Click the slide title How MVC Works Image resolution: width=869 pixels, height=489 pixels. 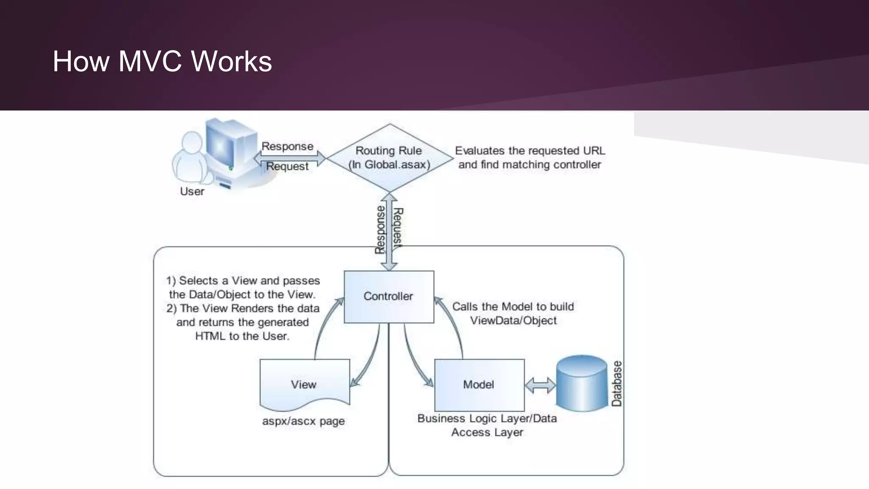[162, 62]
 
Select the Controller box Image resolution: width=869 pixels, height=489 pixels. [389, 297]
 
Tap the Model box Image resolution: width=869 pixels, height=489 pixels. [479, 385]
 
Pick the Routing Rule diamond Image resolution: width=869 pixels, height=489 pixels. [390, 157]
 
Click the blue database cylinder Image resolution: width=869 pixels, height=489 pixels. [582, 384]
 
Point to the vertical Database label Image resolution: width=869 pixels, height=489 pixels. [617, 384]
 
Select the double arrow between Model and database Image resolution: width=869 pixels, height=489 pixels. [540, 385]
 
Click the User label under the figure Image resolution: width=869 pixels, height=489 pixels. [192, 191]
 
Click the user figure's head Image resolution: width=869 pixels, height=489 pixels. [192, 142]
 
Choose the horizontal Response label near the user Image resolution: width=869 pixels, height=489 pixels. [287, 146]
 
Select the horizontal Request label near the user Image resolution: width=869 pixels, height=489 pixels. [287, 166]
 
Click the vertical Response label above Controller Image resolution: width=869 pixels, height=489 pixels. [380, 230]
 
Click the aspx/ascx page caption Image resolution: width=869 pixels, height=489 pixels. [303, 422]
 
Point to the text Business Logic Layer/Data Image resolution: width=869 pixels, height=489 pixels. [487, 419]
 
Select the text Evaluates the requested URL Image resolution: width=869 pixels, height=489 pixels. [530, 151]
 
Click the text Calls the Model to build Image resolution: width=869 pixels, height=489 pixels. [513, 306]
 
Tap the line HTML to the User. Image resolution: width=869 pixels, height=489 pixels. [242, 336]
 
